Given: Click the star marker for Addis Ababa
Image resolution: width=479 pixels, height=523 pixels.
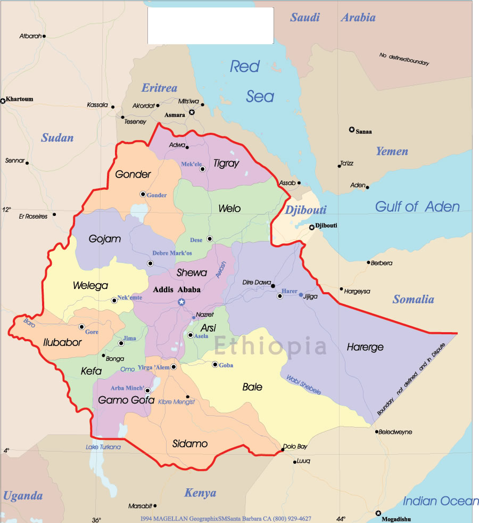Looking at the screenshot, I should [181, 302].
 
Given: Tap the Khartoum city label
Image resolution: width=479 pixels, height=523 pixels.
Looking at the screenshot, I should [20, 99].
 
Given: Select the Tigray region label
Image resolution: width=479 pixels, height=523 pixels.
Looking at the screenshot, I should [226, 164].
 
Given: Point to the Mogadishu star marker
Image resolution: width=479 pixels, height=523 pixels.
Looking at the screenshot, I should [378, 513].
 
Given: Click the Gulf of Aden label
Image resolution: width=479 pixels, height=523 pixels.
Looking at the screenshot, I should [417, 207].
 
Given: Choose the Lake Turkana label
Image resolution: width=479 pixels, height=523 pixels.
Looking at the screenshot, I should [103, 447].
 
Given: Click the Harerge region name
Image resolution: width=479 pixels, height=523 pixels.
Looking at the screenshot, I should [365, 347].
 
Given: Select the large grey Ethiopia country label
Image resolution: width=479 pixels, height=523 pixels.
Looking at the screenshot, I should [270, 346].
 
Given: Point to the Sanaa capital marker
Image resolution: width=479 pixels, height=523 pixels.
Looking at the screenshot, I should [352, 130].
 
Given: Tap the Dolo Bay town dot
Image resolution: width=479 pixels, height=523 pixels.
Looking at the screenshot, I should [283, 450].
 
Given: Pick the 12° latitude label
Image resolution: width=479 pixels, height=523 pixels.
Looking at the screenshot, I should [6, 210].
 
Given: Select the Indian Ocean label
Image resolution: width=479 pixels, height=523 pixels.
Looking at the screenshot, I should [441, 501].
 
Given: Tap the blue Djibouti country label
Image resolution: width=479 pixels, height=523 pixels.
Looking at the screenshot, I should [305, 210].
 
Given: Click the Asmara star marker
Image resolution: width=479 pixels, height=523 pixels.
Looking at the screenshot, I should [192, 112].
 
